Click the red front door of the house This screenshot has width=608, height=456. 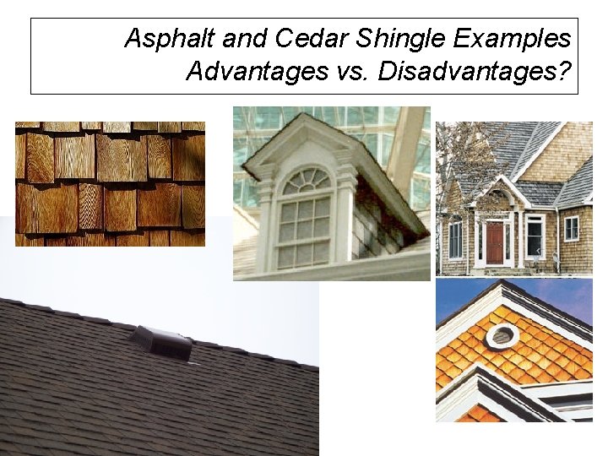click(x=494, y=242)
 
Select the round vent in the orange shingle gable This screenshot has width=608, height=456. click(x=502, y=336)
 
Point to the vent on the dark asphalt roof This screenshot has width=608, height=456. click(x=160, y=342)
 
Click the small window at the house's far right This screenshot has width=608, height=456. click(x=571, y=228)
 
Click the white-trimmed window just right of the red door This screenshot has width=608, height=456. click(x=534, y=236)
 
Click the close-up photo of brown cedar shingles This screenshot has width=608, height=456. click(x=110, y=183)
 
